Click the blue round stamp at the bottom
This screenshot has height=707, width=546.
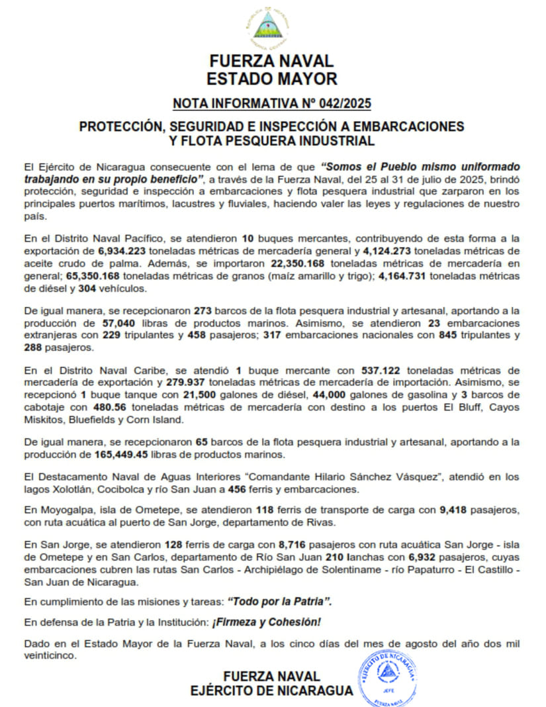(x=388, y=677)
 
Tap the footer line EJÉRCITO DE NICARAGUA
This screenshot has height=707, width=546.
(x=271, y=691)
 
